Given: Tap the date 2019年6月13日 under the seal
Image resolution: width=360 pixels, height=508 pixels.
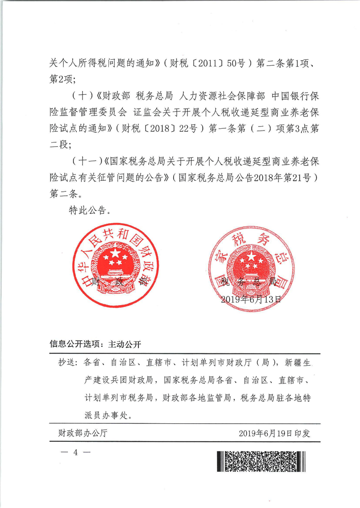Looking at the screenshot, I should tap(251, 299).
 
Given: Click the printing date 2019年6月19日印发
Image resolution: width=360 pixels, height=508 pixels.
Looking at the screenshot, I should tap(274, 433).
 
